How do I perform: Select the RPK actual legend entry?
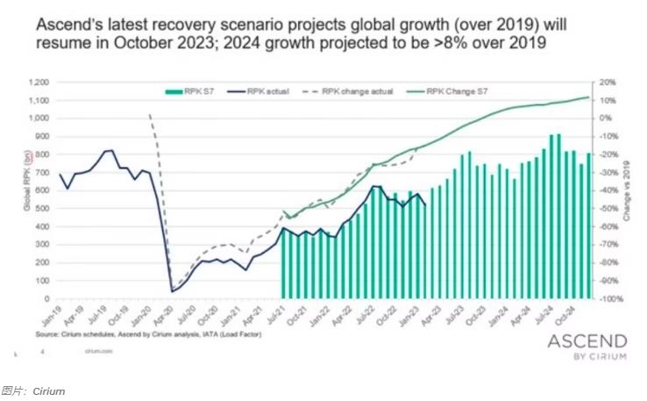pyautogui.click(x=267, y=90)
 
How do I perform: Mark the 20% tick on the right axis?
pyautogui.click(x=608, y=82)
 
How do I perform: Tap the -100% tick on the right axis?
pyautogui.click(x=610, y=299)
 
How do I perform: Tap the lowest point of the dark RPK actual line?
pyautogui.click(x=172, y=291)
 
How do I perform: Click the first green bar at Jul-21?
pyautogui.click(x=283, y=263)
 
